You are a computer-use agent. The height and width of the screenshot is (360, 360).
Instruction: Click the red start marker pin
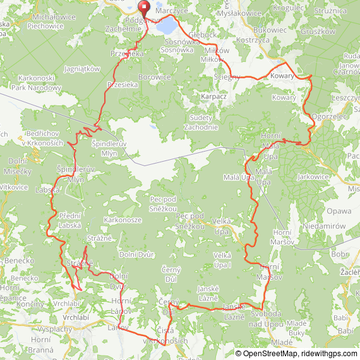point(143,9)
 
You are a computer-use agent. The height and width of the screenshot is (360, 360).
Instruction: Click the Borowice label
point(155,76)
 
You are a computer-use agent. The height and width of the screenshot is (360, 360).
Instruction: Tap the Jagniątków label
point(83,69)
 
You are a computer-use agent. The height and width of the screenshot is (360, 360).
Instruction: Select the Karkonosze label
point(123,220)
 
